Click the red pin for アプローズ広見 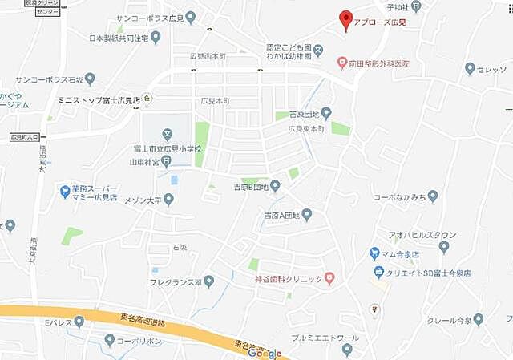346,20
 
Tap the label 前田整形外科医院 378,63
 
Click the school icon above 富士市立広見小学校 167,134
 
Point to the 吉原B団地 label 248,187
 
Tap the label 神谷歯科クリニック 288,278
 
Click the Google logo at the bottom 265,353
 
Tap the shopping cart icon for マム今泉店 374,253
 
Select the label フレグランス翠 174,282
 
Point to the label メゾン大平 140,199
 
